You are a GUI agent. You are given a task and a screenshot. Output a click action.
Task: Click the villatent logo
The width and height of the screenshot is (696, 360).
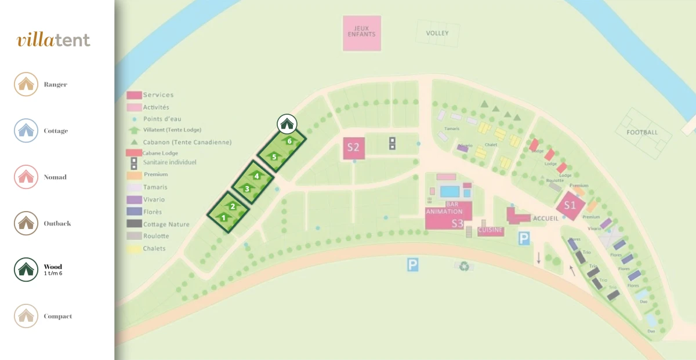coord(53,40)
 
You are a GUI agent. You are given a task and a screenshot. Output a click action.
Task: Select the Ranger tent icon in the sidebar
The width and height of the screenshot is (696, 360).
coord(26,85)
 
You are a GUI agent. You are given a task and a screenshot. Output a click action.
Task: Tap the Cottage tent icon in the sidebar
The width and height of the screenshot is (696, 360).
coord(26,131)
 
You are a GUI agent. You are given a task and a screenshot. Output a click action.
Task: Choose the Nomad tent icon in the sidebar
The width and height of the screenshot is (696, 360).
coord(26,177)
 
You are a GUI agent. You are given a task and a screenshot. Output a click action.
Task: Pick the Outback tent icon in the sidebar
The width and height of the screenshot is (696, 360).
coord(26,224)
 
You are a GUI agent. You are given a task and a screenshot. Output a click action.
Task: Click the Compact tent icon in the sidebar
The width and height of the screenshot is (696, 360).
coord(26,317)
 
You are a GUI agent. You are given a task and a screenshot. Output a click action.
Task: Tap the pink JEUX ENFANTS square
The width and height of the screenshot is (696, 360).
coord(362,33)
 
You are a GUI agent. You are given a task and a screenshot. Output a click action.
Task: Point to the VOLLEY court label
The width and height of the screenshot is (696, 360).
coord(437,33)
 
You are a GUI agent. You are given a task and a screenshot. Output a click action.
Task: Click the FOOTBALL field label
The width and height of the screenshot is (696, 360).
coord(642,132)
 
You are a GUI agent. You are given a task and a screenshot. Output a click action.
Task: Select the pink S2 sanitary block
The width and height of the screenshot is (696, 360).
coord(353,148)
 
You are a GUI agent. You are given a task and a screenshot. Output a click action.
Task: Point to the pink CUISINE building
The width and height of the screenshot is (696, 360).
coord(490,231)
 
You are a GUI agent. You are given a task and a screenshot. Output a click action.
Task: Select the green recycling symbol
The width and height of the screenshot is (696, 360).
coord(464,266)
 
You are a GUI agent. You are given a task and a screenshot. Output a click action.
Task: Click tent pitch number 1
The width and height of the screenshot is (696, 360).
coord(223,217)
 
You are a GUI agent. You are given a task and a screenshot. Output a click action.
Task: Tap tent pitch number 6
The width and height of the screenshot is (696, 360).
coord(289,140)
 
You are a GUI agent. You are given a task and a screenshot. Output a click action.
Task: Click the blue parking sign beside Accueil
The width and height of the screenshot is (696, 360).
coord(524,238)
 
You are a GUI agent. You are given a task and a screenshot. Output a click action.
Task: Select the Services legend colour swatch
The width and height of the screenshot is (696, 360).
coord(135,95)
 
